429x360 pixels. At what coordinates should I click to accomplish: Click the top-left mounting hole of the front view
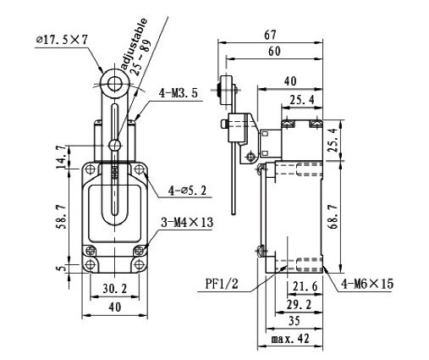91,170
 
